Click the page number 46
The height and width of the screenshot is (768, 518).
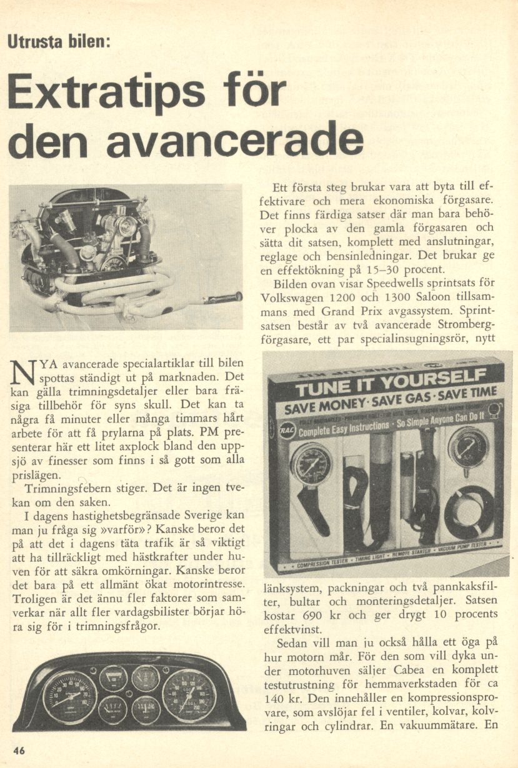(19, 751)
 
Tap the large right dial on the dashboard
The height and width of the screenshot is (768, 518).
(189, 695)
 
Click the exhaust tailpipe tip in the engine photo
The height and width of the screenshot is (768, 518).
(226, 298)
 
